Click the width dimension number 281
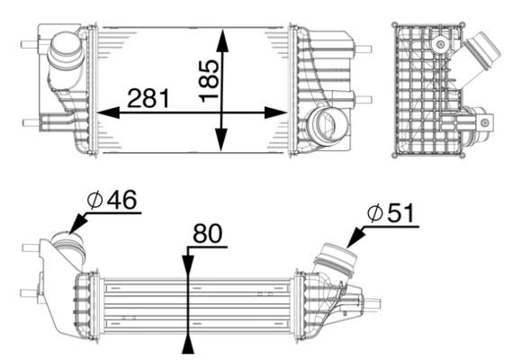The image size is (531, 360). (x=148, y=97)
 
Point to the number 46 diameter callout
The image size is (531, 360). (x=121, y=200)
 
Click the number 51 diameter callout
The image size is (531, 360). (x=400, y=212)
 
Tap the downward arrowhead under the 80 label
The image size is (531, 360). (x=187, y=265)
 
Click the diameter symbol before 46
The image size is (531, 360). (x=94, y=200)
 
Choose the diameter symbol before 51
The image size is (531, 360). (x=374, y=212)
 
